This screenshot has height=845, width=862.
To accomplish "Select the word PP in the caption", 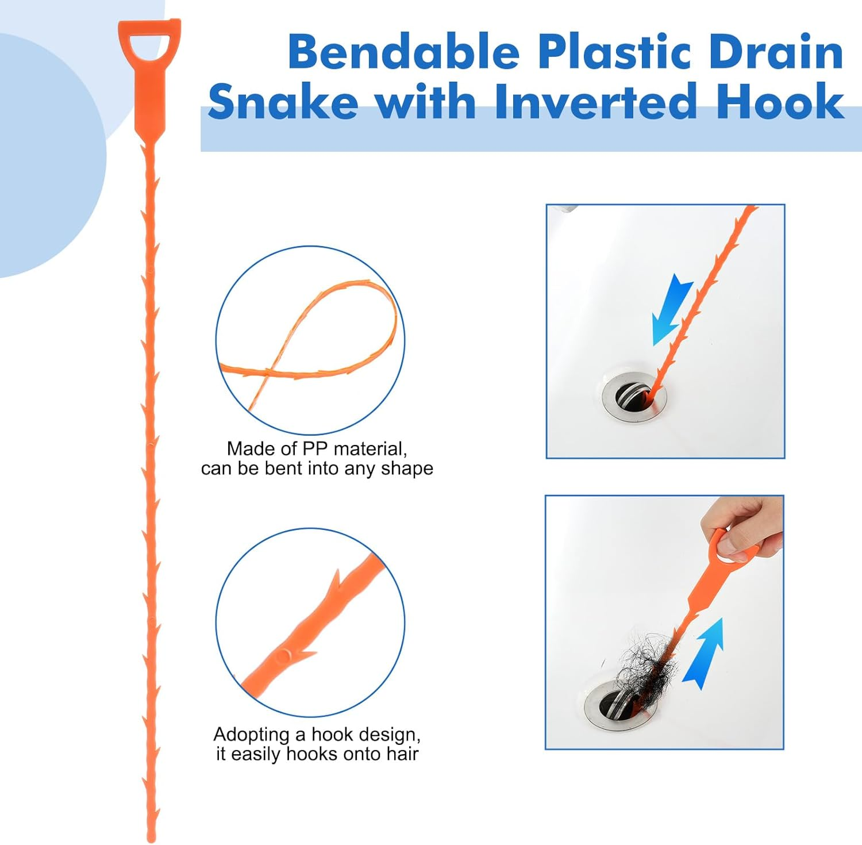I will pos(315,449).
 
